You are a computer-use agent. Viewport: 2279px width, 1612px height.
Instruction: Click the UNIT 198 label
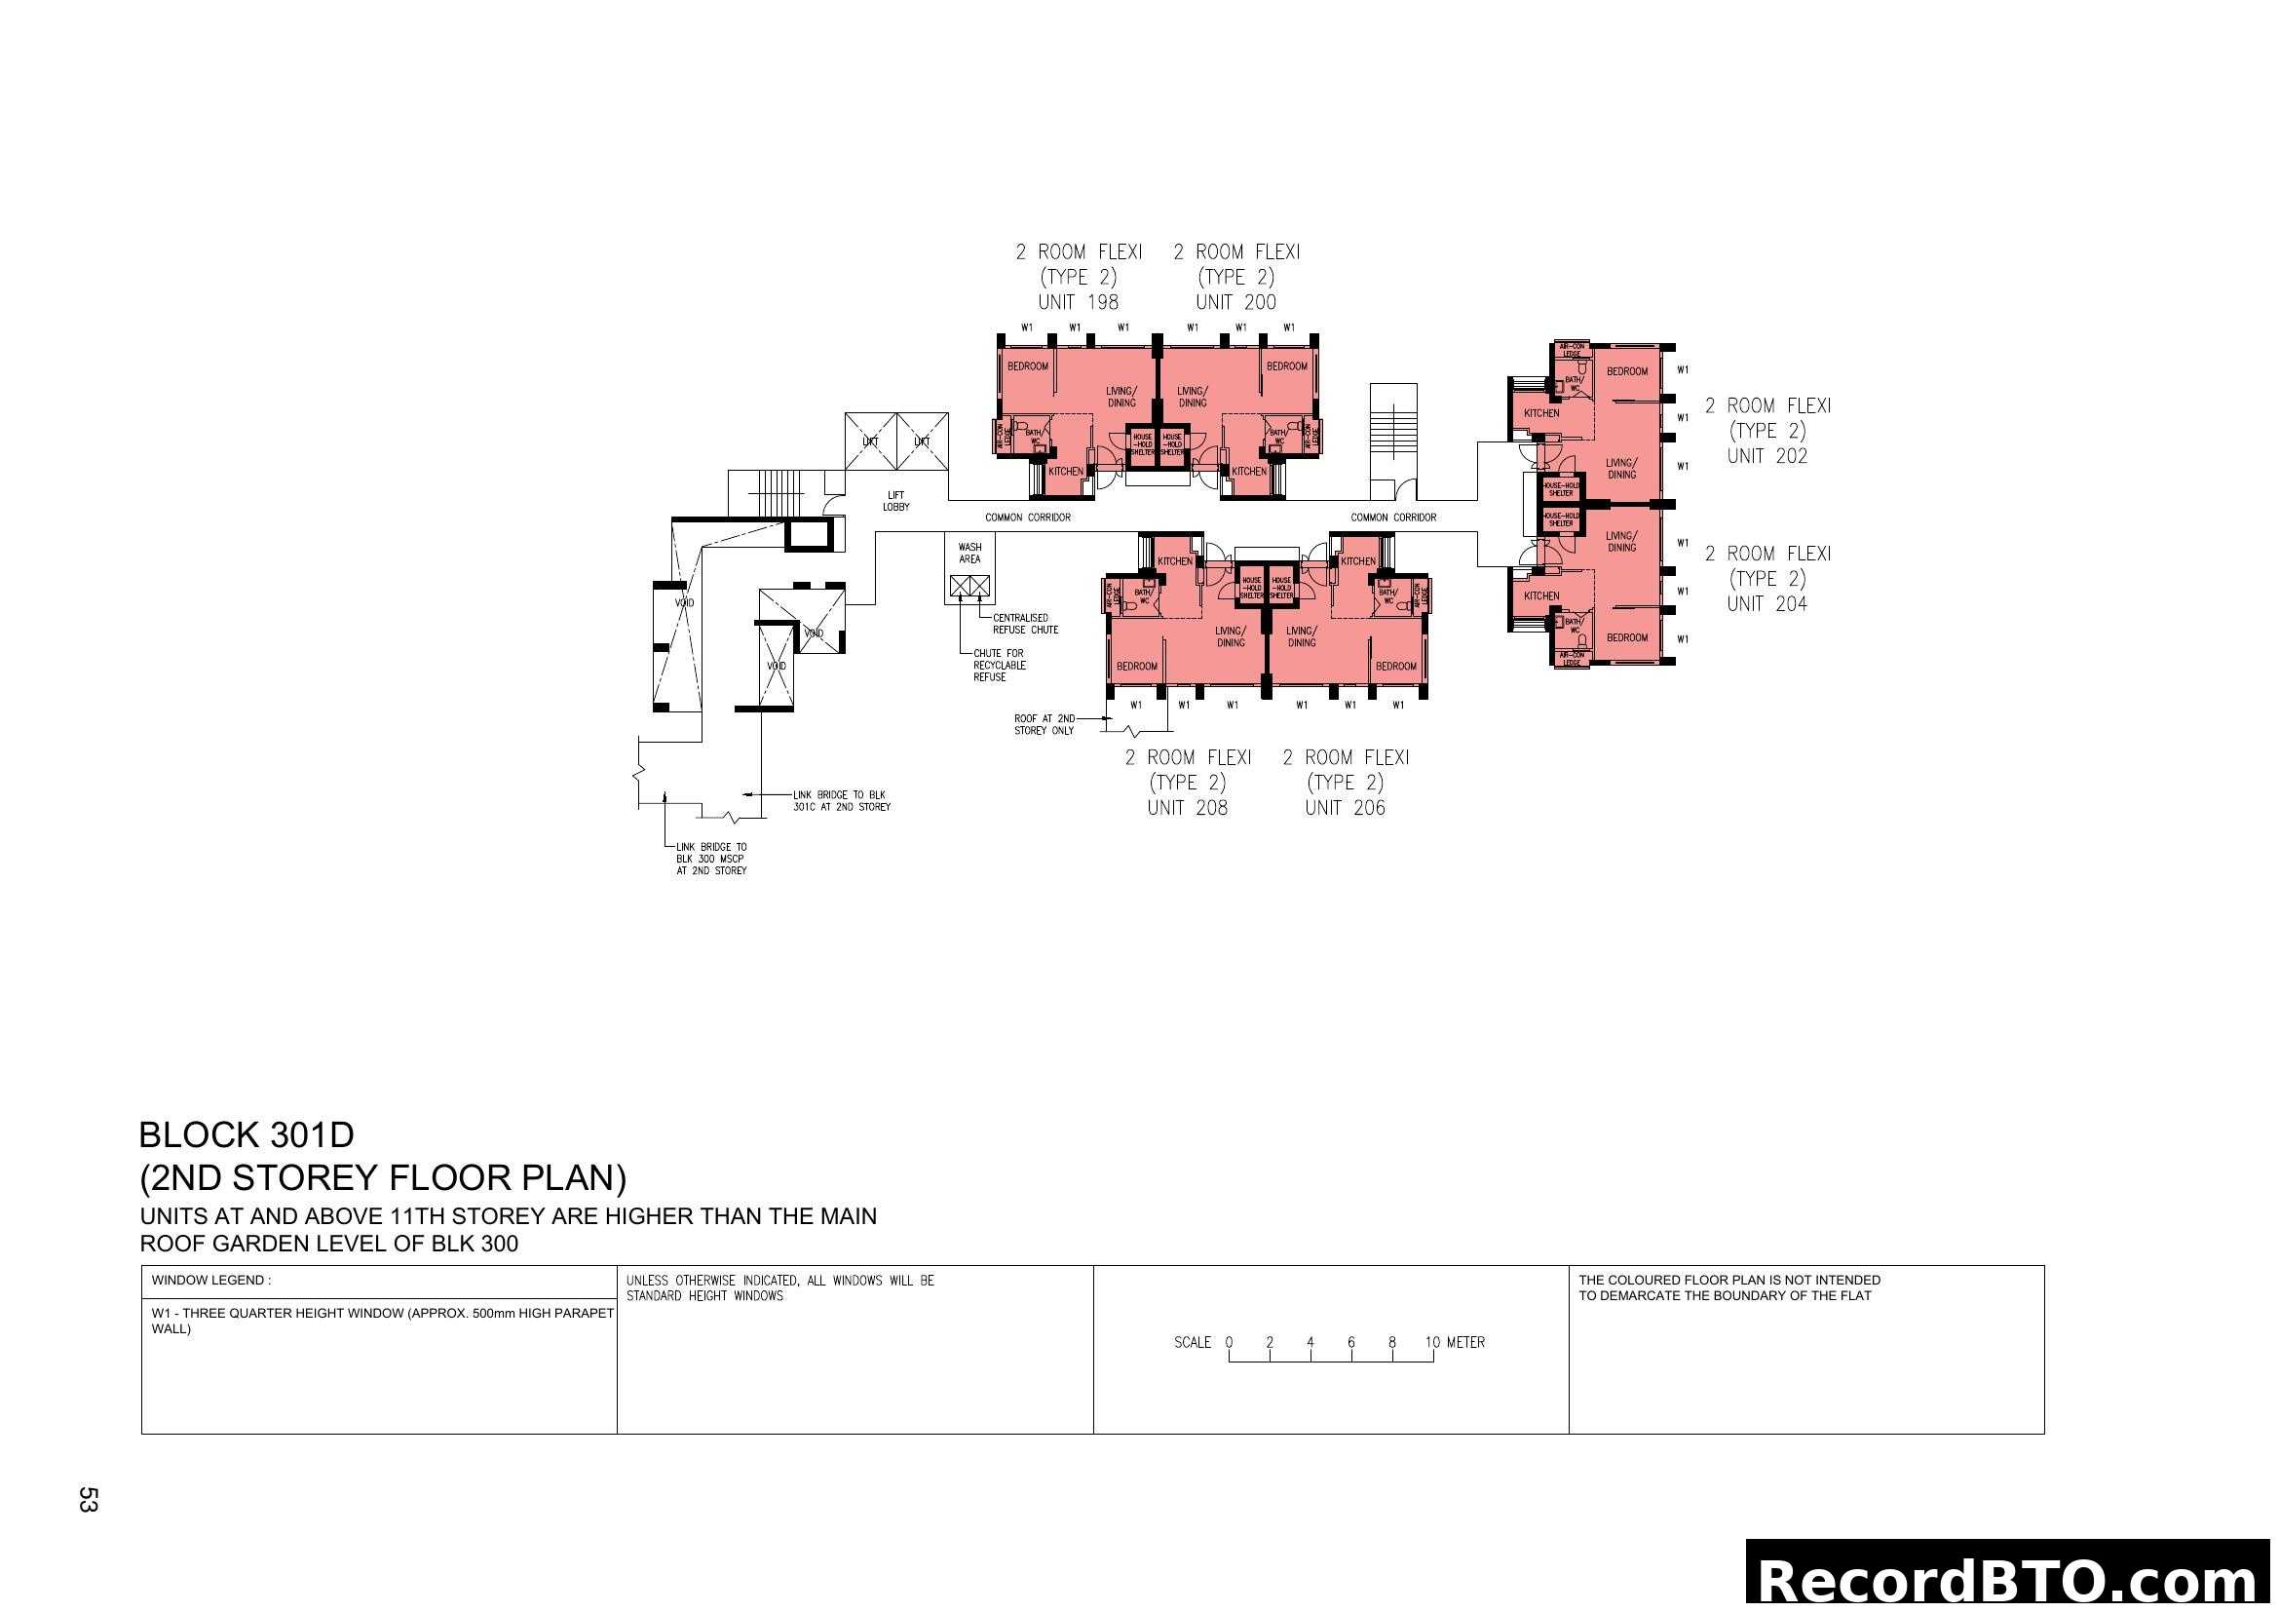pyautogui.click(x=1078, y=302)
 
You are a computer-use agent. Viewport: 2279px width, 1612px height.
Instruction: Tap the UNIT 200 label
pyautogui.click(x=1235, y=302)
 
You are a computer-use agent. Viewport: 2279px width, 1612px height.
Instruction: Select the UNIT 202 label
pyautogui.click(x=1766, y=455)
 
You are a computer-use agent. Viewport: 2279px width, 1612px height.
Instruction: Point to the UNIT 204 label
pyautogui.click(x=1766, y=603)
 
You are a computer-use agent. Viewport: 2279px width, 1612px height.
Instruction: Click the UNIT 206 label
pyautogui.click(x=1345, y=808)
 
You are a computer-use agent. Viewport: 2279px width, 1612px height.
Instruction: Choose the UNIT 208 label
pyautogui.click(x=1187, y=808)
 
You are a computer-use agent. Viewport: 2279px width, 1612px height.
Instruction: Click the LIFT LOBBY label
pyautogui.click(x=895, y=501)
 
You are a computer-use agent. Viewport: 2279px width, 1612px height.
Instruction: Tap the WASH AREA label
pyautogui.click(x=969, y=553)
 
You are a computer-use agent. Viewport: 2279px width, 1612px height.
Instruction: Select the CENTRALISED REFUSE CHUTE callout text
pyautogui.click(x=1024, y=624)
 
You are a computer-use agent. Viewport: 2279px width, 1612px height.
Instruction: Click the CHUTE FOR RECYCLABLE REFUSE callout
pyautogui.click(x=999, y=665)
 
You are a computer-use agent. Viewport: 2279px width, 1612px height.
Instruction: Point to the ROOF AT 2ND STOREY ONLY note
pyautogui.click(x=1044, y=724)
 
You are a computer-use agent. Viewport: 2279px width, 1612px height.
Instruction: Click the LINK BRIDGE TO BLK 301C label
pyautogui.click(x=841, y=801)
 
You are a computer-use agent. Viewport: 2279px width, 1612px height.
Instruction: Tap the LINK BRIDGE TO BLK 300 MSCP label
pyautogui.click(x=710, y=859)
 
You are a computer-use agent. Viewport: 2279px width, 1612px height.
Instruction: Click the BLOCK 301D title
pyautogui.click(x=247, y=1134)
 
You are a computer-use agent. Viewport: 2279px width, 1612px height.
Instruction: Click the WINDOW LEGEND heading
pyautogui.click(x=210, y=1281)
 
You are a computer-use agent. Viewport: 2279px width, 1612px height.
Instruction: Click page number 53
pyautogui.click(x=88, y=1499)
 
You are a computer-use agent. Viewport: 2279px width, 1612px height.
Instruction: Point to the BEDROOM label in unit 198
pyautogui.click(x=1027, y=366)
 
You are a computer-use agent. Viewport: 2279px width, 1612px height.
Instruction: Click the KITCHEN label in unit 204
pyautogui.click(x=1540, y=595)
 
